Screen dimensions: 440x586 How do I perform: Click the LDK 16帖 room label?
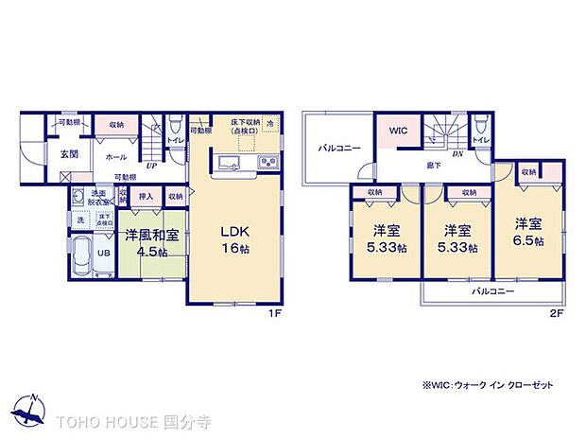236,239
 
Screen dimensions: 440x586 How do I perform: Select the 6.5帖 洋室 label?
529,233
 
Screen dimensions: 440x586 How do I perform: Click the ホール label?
117,157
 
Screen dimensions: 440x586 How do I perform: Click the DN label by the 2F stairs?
457,152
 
